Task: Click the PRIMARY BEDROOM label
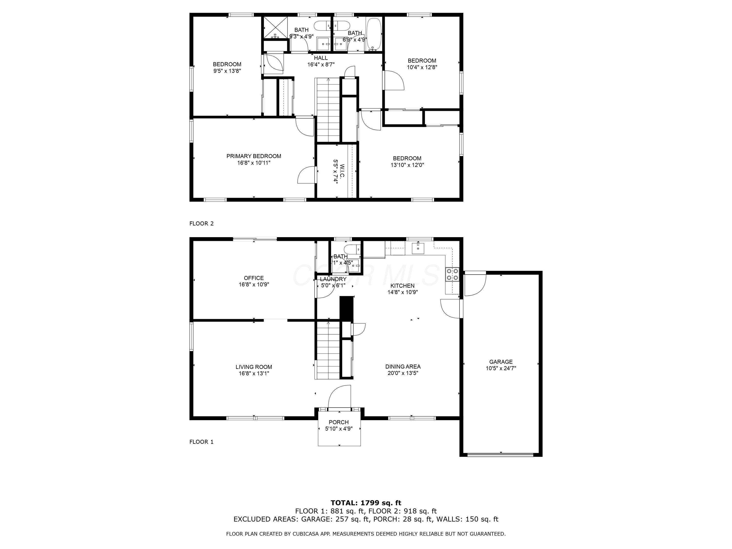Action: [254, 156]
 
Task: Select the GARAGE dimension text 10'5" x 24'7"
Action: [501, 368]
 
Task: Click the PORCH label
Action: [338, 422]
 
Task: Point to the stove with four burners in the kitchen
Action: [452, 274]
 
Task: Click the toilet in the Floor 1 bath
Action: [350, 249]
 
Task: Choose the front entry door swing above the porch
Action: [340, 397]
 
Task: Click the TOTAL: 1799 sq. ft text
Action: [366, 503]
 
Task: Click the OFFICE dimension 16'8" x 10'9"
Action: [254, 284]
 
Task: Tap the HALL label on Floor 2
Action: [321, 58]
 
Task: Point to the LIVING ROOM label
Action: [254, 367]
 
